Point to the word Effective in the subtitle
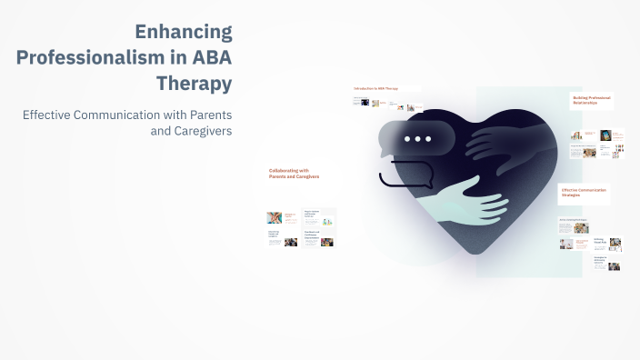tap(54, 115)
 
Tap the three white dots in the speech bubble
tap(417, 139)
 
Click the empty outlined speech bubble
tap(405, 173)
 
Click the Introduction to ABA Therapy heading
tap(375, 88)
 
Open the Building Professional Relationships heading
tap(592, 100)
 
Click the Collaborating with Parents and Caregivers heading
tap(288, 173)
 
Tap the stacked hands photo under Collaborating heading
tap(274, 218)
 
